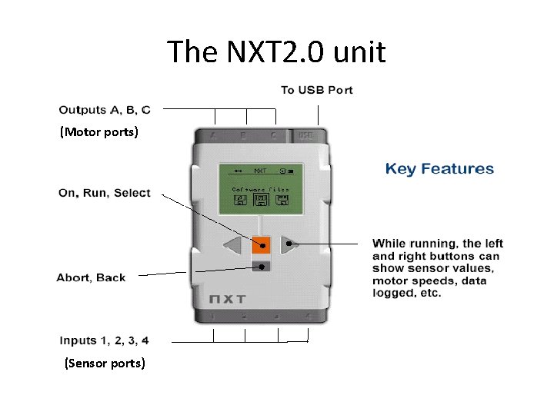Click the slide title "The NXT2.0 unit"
pyautogui.click(x=276, y=53)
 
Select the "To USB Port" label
pyautogui.click(x=317, y=90)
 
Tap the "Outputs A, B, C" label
pyautogui.click(x=105, y=109)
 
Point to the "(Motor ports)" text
pyautogui.click(x=99, y=132)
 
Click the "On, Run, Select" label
pyautogui.click(x=105, y=193)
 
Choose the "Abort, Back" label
pyautogui.click(x=91, y=277)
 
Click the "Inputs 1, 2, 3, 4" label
pyautogui.click(x=104, y=340)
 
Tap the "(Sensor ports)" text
pyautogui.click(x=105, y=363)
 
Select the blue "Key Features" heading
pyautogui.click(x=439, y=169)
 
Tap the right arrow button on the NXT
pyautogui.click(x=289, y=244)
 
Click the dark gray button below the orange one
pyautogui.click(x=262, y=267)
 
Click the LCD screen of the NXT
pyautogui.click(x=261, y=188)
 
